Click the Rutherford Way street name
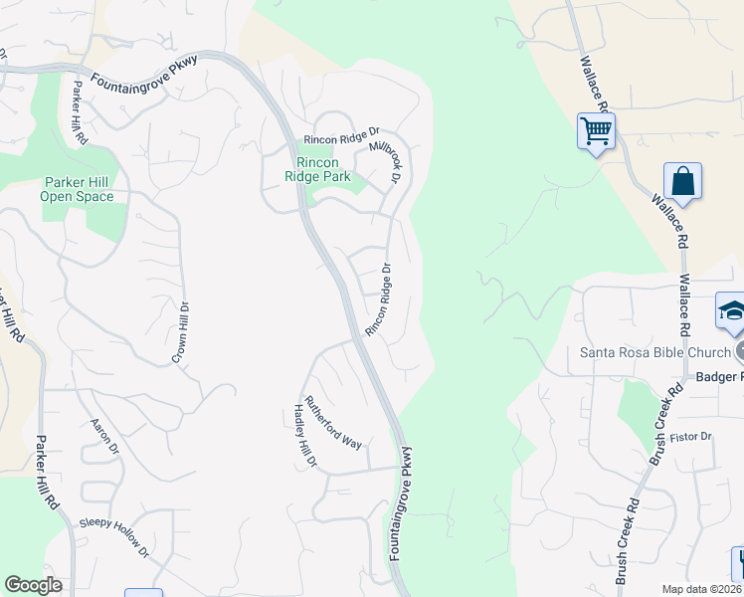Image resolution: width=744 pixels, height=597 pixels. tap(333, 422)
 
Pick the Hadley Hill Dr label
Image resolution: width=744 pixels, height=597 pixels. tap(304, 435)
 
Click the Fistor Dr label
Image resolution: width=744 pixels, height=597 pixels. tap(692, 437)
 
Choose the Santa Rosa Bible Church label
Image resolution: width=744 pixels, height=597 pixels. tap(655, 352)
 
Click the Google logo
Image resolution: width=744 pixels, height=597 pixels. tap(33, 585)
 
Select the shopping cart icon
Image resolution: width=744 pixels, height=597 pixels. tap(596, 130)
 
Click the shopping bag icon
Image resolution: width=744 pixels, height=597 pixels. tap(682, 181)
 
